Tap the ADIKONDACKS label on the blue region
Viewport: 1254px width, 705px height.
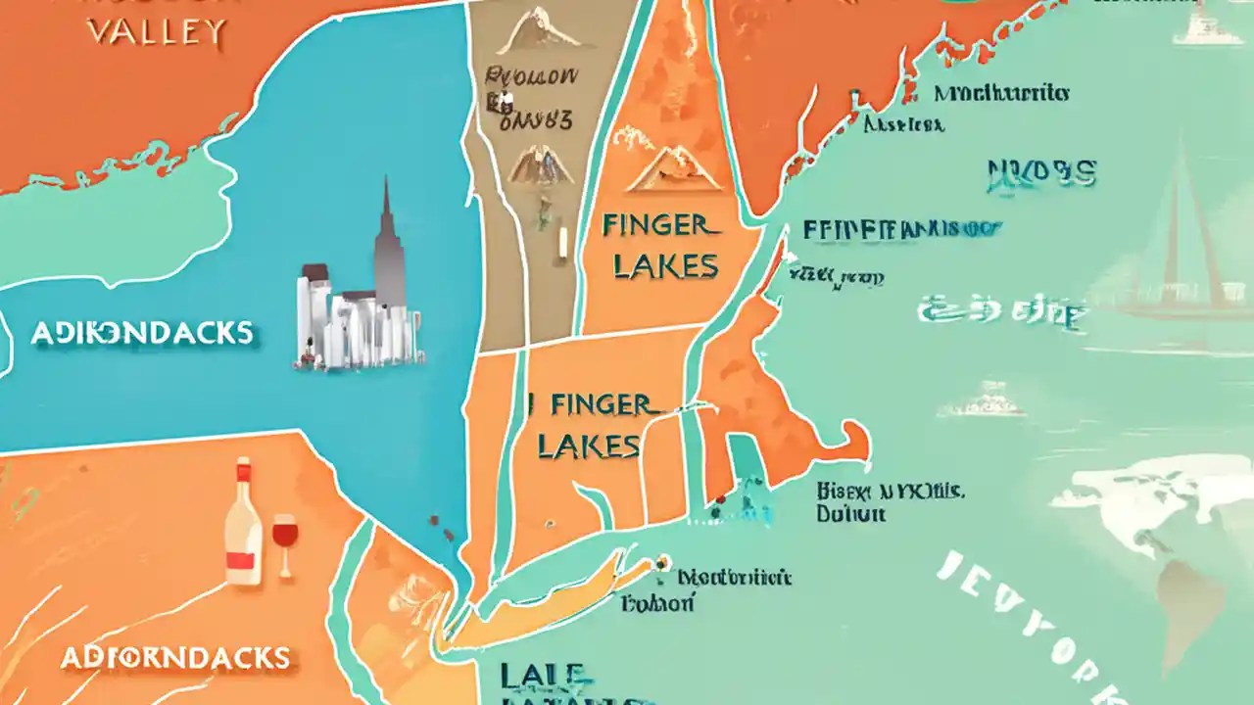pyautogui.click(x=142, y=333)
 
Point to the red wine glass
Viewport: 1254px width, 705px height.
pyautogui.click(x=284, y=539)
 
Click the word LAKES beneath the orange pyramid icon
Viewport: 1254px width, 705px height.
pyautogui.click(x=666, y=265)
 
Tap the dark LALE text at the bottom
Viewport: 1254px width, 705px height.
pyautogui.click(x=544, y=676)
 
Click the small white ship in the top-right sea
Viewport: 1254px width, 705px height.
pyautogui.click(x=1200, y=24)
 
